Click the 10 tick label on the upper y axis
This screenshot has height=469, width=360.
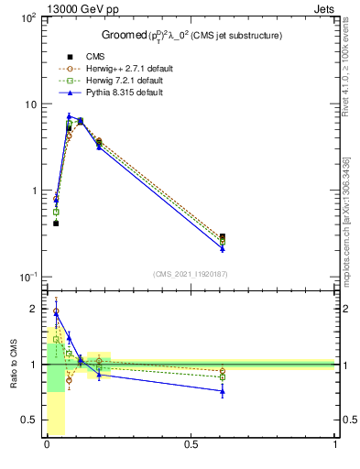30,104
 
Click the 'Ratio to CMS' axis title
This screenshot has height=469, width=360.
14,365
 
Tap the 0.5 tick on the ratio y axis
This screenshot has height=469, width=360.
30,420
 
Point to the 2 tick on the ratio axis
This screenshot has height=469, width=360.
34,310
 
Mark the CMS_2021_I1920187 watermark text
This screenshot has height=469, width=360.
191,274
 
